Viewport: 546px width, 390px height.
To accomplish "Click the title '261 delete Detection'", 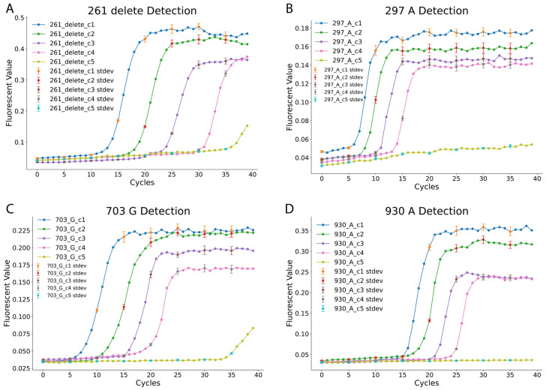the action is [x=142, y=10].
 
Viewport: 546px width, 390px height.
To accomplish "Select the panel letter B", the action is [x=289, y=8].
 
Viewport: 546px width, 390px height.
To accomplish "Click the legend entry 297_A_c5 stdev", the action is [x=343, y=100].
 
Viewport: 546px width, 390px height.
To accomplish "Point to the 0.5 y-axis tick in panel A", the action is [x=19, y=18].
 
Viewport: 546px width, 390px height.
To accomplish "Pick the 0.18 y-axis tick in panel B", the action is [x=303, y=28].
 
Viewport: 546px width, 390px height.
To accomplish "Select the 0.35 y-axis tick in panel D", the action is [x=303, y=230].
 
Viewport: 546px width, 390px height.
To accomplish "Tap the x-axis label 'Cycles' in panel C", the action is [x=148, y=382].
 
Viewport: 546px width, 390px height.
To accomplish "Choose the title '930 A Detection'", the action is [x=427, y=211].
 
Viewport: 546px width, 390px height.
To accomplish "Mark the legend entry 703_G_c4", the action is [x=70, y=248].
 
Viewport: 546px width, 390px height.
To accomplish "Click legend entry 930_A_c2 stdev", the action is [x=358, y=280].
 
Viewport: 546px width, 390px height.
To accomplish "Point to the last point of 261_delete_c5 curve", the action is [x=247, y=126].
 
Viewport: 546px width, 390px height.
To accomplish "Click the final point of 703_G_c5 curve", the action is [x=253, y=328].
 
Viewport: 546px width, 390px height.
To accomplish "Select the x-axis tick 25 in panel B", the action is [x=456, y=178].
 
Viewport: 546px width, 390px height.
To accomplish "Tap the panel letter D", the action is [x=289, y=209].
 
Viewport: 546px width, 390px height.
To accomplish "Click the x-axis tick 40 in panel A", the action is [x=253, y=174].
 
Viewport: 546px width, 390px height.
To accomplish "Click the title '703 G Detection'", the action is [x=148, y=211].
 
